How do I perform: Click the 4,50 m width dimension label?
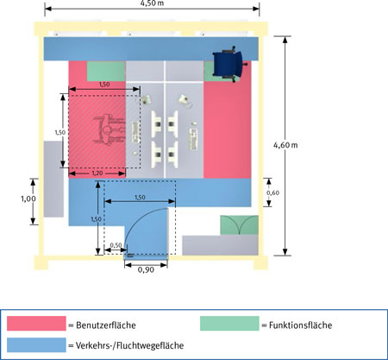point(152,3)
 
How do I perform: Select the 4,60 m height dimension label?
point(285,145)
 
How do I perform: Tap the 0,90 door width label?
point(146,270)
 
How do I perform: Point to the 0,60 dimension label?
point(272,193)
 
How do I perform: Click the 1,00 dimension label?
point(28,199)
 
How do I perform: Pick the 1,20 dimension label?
point(97,174)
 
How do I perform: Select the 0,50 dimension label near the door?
point(116,245)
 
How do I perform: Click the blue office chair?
point(228,64)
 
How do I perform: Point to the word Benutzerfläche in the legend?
point(106,325)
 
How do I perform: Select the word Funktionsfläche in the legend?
point(300,325)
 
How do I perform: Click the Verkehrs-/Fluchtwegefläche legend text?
point(129,345)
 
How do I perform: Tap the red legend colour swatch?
point(36,323)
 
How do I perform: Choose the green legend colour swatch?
point(229,323)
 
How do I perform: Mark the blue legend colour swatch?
point(36,344)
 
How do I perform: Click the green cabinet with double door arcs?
point(239,225)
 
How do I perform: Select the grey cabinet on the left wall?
point(53,179)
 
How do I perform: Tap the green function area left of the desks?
point(106,72)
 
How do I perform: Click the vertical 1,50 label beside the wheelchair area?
point(60,132)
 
